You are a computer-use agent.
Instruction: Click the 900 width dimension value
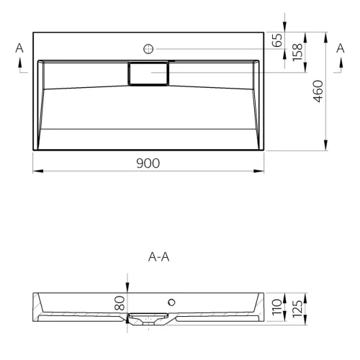[148, 163]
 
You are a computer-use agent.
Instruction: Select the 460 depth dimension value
[319, 91]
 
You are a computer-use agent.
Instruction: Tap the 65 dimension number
[277, 40]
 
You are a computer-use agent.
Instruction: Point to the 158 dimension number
[297, 53]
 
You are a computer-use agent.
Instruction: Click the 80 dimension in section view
[120, 303]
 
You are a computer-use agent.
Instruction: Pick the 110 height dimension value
[277, 307]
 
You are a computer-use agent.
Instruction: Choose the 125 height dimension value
[297, 308]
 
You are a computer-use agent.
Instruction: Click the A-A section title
[158, 257]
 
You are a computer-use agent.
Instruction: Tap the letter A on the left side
[19, 48]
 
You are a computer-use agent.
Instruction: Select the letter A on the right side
[341, 48]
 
